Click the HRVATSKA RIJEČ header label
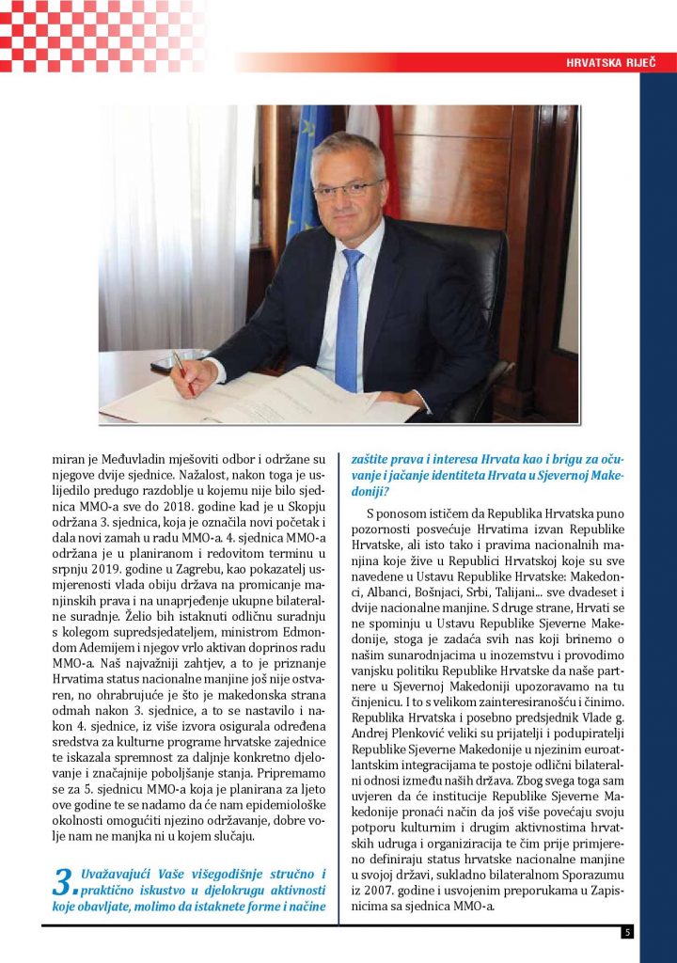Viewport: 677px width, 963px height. point(608,63)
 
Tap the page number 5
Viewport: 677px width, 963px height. point(627,932)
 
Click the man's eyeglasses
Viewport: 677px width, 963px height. point(347,189)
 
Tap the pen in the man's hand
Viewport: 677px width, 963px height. point(181,369)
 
